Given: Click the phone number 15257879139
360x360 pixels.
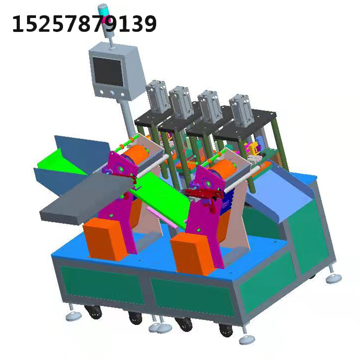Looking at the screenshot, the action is (84, 23).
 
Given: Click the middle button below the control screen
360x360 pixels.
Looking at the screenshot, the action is (112, 93).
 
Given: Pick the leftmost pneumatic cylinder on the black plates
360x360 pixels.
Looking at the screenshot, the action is (158, 96).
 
